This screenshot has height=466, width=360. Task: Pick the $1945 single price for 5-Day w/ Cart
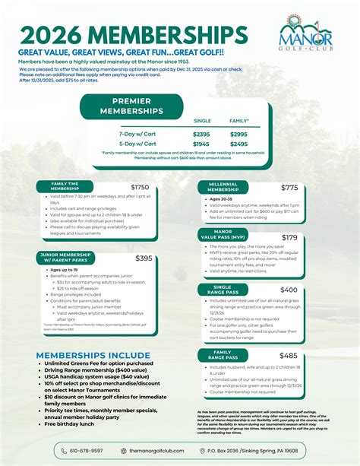pos(202,144)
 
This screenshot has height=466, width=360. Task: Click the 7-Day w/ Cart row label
pos(137,134)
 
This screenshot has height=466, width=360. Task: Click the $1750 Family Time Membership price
pos(140,187)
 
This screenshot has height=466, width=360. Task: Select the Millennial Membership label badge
pos(223,188)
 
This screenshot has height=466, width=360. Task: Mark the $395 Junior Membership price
pos(144,258)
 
